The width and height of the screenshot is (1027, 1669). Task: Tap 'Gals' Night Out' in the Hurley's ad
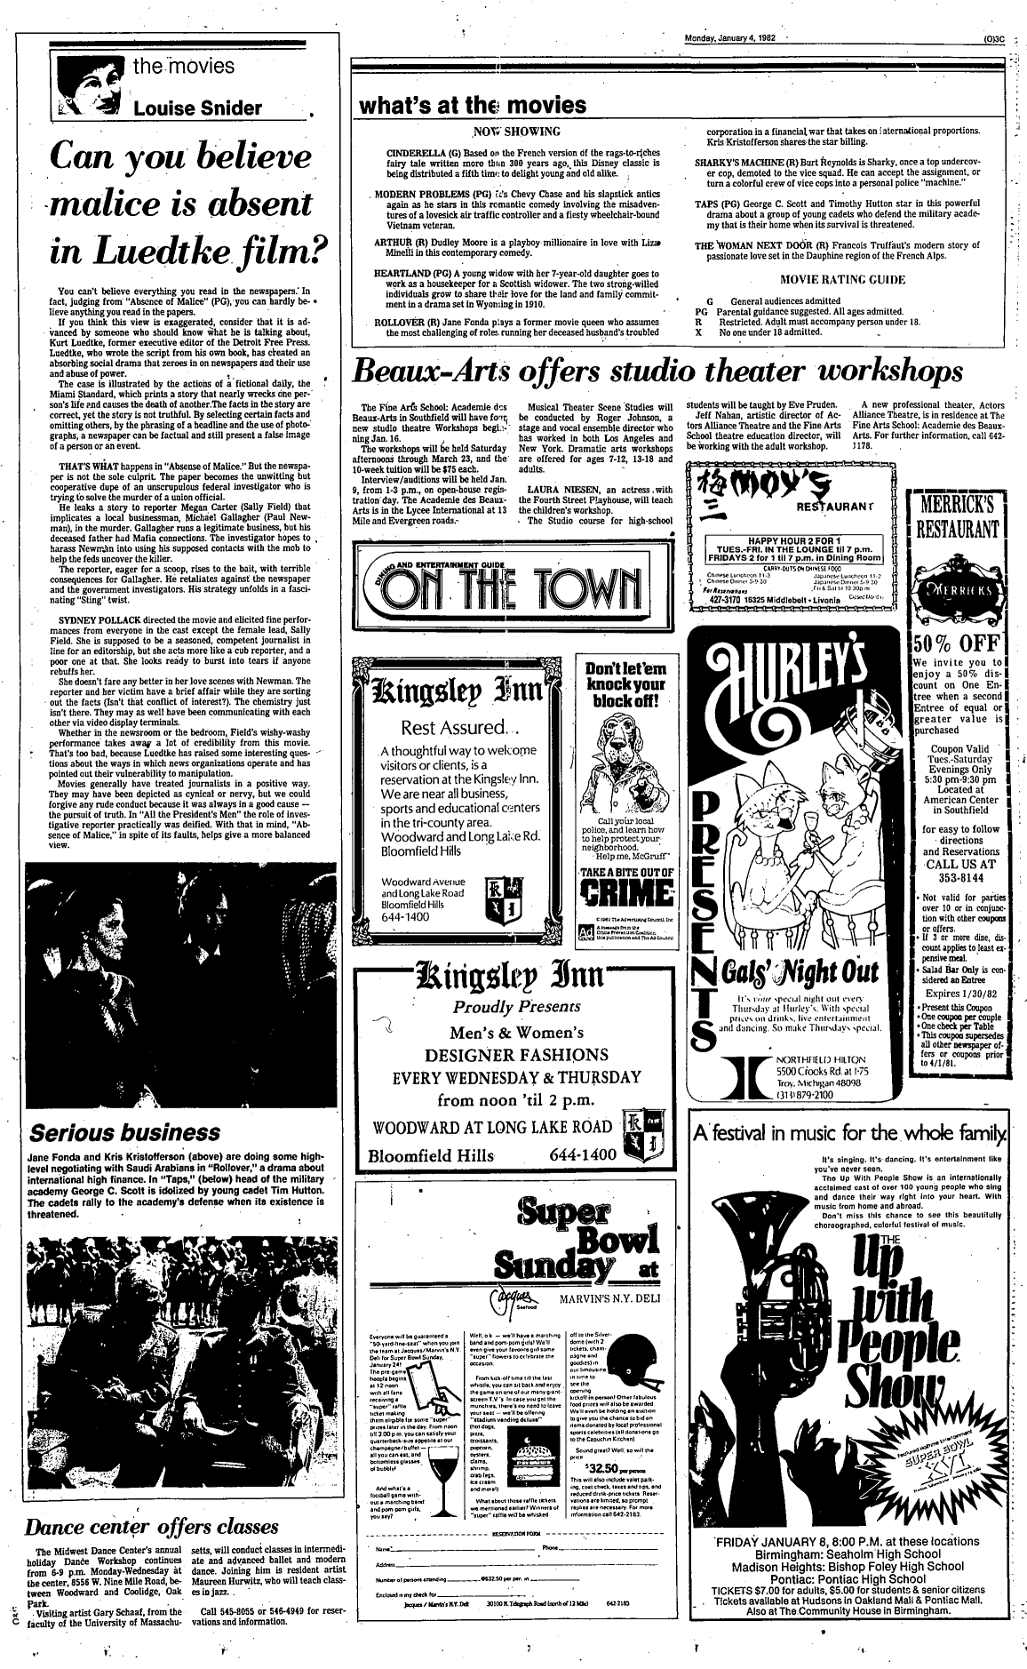808,968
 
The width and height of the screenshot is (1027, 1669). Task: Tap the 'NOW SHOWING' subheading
516,132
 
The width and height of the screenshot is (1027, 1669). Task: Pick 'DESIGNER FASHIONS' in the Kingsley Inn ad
504,1055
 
